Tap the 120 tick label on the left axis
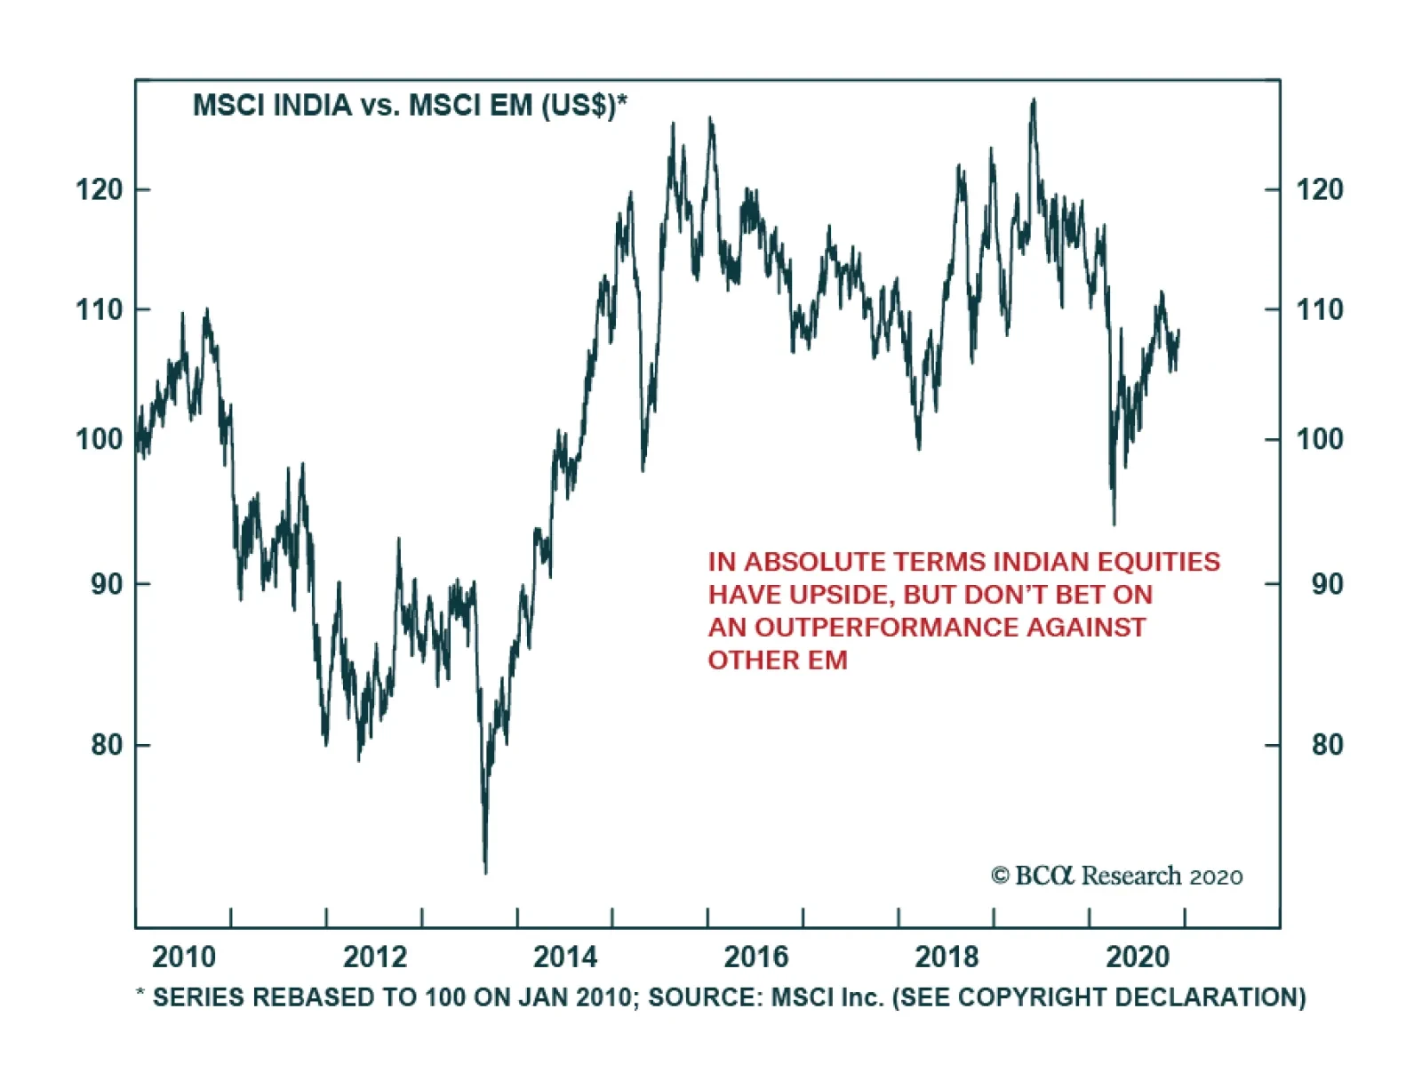[100, 189]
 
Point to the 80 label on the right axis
[1327, 744]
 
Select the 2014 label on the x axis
[565, 957]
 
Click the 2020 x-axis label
[1138, 957]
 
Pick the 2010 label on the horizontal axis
[184, 957]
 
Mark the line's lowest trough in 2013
[485, 871]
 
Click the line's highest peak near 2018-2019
[1033, 100]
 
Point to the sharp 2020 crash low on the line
[1114, 523]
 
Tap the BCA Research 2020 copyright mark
[1116, 877]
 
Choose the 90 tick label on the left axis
[107, 584]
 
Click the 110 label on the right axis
[1320, 310]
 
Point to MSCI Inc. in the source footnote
[827, 997]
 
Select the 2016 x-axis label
[756, 957]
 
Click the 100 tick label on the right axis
[1320, 439]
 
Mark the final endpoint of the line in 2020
[1178, 331]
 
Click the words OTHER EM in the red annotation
[778, 661]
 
